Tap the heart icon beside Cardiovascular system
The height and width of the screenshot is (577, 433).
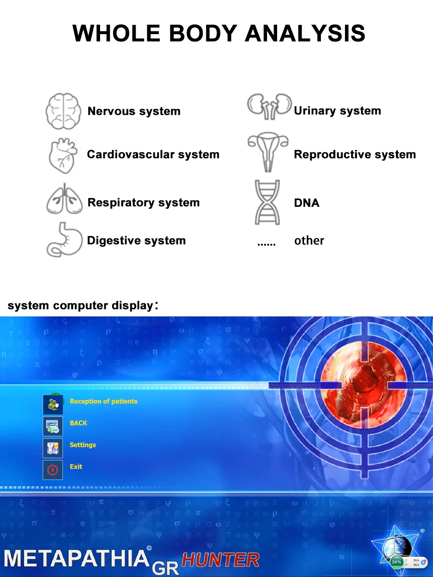(x=63, y=155)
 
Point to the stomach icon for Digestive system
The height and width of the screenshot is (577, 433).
(x=64, y=239)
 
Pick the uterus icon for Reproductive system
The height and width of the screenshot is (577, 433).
(x=268, y=152)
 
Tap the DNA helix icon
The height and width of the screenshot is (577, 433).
(x=267, y=202)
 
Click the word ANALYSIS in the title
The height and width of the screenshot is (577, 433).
(x=305, y=33)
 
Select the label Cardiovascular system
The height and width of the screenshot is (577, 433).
(x=153, y=154)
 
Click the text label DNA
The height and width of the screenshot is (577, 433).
(x=306, y=203)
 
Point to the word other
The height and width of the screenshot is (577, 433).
(x=309, y=240)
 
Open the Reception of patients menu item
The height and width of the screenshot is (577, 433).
(x=103, y=401)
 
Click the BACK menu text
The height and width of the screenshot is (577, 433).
(x=78, y=423)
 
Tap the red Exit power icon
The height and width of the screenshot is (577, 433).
(x=53, y=470)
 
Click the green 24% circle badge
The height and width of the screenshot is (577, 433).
(x=396, y=562)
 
